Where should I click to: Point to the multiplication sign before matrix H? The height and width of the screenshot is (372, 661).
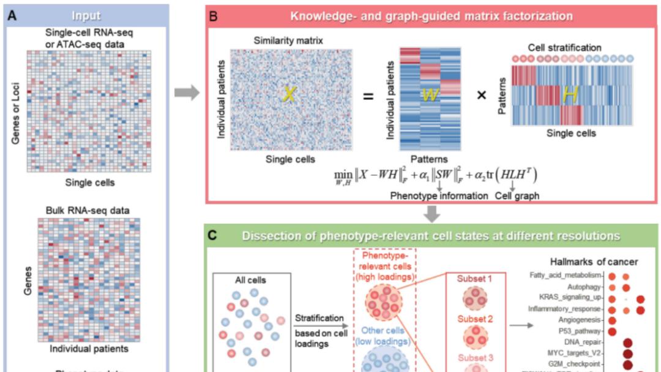[x=482, y=96]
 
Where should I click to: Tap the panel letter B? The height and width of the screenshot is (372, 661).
[x=214, y=16]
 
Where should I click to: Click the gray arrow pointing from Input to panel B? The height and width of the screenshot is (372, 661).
[x=187, y=93]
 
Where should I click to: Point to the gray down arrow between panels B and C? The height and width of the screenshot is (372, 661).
[x=433, y=214]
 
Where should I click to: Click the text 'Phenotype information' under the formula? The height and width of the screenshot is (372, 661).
[x=439, y=196]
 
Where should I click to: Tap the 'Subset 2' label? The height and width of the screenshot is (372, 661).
[x=475, y=319]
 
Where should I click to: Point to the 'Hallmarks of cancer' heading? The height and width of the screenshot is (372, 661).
[x=594, y=262]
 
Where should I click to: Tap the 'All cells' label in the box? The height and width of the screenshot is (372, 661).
[x=251, y=280]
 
